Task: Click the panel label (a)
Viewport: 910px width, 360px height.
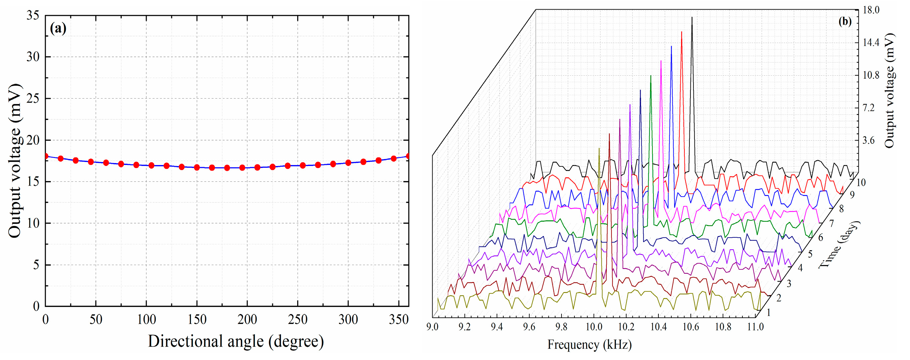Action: click(58, 28)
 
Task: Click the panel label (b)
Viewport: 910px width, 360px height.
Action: click(845, 22)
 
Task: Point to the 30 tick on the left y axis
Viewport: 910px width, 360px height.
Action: click(33, 57)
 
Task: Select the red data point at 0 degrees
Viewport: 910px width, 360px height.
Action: click(46, 156)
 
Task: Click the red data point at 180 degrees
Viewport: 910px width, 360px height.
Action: click(227, 168)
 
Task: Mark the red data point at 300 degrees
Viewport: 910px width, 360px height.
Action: click(348, 163)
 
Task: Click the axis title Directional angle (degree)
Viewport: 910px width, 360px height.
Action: click(236, 342)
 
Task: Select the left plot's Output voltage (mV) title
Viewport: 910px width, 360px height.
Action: click(15, 161)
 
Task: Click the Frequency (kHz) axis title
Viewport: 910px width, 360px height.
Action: click(589, 344)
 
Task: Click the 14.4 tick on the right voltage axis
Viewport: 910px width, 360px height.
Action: click(871, 43)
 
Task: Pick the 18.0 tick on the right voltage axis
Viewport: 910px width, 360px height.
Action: click(871, 10)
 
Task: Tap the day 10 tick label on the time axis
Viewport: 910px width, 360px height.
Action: click(861, 183)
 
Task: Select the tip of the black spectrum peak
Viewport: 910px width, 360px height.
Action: click(692, 17)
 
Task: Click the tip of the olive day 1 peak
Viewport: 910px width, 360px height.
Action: click(599, 148)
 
